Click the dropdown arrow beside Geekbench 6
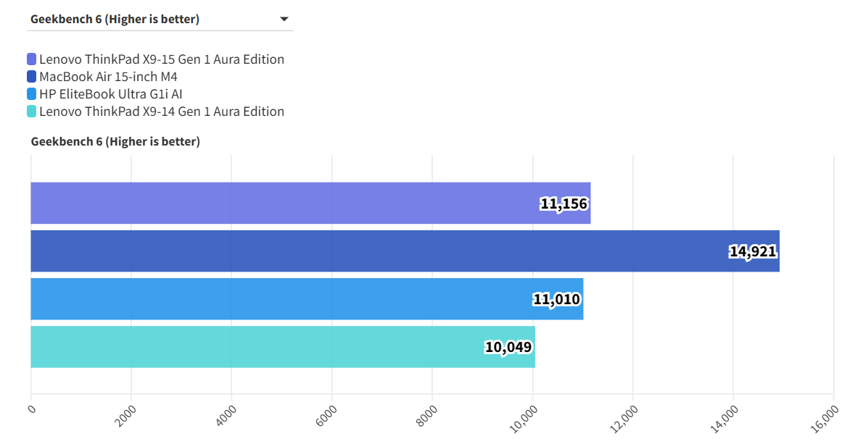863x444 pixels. (x=284, y=20)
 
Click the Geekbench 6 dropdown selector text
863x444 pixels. (x=115, y=20)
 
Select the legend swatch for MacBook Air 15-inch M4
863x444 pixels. (x=31, y=77)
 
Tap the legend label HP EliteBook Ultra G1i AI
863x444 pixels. (x=110, y=94)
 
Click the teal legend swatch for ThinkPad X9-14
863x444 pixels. (x=31, y=112)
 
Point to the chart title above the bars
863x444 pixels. (x=115, y=142)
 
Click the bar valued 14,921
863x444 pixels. (x=377, y=251)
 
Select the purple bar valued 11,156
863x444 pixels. (x=290, y=204)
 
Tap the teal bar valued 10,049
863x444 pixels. (x=254, y=347)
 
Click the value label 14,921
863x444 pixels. (x=753, y=252)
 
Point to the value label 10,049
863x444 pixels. (x=508, y=348)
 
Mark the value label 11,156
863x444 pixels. (x=563, y=204)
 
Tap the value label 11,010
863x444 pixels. (x=557, y=300)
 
